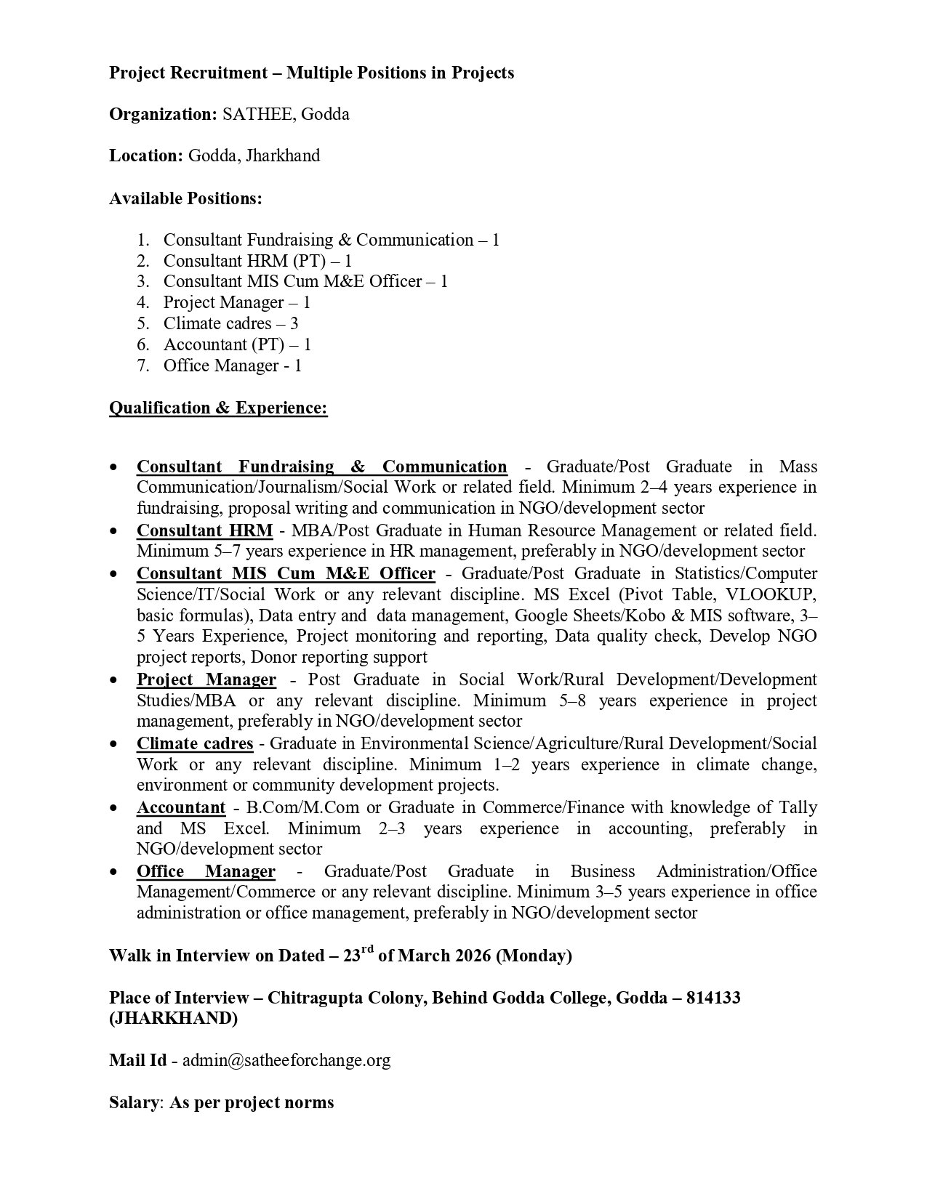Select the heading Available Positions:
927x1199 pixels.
185,198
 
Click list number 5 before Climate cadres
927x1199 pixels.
143,323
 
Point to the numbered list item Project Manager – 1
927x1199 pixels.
237,302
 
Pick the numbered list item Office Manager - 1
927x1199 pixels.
232,366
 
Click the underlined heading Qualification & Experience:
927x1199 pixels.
218,408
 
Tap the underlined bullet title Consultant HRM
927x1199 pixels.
204,530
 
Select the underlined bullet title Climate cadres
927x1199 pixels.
195,743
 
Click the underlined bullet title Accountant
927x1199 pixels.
181,807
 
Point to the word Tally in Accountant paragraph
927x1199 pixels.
798,807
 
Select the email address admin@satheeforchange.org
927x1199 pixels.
286,1060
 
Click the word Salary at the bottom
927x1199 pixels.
134,1102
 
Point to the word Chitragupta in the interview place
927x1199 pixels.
312,997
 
